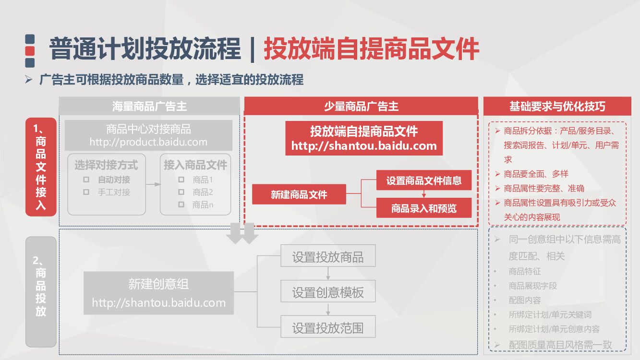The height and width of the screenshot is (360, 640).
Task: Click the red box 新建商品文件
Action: [x=299, y=194]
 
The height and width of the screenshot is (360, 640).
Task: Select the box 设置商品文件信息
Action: [x=423, y=180]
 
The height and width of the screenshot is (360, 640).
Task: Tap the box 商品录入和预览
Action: [x=423, y=208]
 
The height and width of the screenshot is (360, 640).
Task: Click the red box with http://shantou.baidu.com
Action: [x=363, y=138]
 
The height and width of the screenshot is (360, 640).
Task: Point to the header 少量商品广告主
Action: [x=361, y=106]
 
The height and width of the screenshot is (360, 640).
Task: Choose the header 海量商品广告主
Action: [x=149, y=106]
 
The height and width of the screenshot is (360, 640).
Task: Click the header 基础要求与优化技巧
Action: [x=557, y=106]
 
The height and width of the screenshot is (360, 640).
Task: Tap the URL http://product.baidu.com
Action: [x=148, y=142]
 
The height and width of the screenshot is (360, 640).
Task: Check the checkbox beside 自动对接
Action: [x=86, y=180]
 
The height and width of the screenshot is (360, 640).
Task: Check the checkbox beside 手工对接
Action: [x=86, y=192]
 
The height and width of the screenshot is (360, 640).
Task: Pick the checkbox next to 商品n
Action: [x=181, y=204]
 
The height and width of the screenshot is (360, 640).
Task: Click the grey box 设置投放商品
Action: [x=328, y=257]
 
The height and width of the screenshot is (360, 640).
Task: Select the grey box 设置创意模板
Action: [x=328, y=292]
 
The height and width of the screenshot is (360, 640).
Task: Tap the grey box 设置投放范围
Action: [x=328, y=328]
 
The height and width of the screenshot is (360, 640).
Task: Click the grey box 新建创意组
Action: [x=158, y=293]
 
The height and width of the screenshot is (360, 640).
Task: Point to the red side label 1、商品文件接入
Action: [x=41, y=167]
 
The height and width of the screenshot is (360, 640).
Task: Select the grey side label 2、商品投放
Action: [x=41, y=291]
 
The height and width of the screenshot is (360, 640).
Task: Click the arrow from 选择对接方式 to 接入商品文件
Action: [x=153, y=184]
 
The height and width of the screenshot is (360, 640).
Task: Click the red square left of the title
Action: [x=30, y=50]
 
